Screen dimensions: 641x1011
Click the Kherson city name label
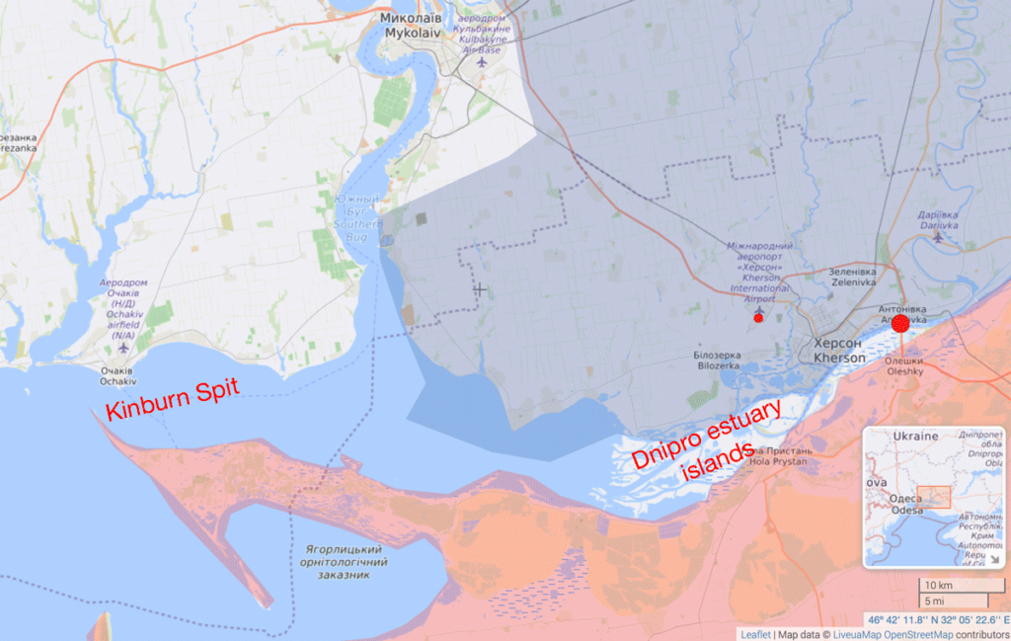[837, 350]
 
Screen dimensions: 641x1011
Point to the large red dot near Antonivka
[899, 323]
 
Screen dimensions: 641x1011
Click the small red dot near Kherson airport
[758, 318]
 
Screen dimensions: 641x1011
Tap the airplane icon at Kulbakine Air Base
[482, 61]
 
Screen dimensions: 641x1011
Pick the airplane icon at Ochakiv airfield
[123, 347]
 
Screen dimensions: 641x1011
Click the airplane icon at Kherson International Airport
[758, 308]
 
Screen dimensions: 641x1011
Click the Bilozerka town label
[717, 360]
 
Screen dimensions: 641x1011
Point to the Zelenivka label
[853, 276]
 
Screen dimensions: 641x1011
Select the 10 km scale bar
[953, 586]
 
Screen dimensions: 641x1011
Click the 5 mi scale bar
[953, 601]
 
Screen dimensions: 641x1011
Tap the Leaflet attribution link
[756, 633]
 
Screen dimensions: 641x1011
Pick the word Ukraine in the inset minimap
[915, 437]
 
